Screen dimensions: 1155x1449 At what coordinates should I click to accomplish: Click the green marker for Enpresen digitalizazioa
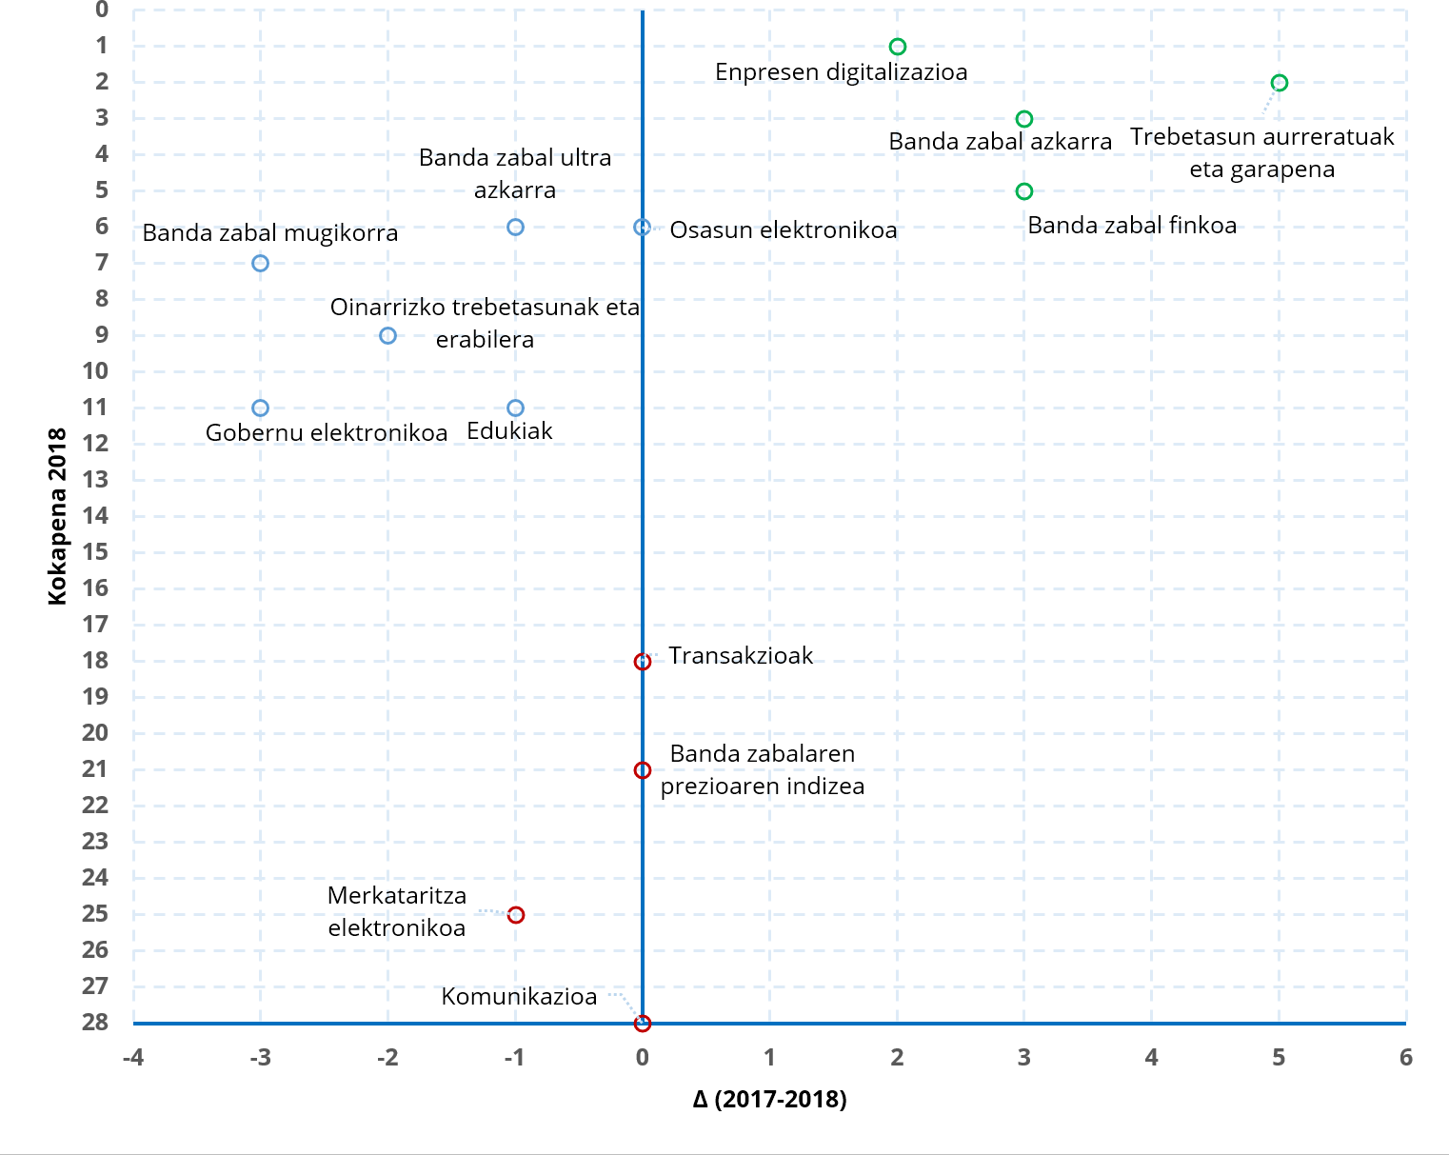coord(897,47)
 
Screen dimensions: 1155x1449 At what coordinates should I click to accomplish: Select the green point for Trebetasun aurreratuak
coord(1279,83)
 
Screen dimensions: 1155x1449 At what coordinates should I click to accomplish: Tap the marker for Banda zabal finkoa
coord(1023,191)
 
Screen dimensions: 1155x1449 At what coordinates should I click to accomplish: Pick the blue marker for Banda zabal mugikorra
coord(260,264)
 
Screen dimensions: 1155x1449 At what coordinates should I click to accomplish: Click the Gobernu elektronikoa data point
coord(260,408)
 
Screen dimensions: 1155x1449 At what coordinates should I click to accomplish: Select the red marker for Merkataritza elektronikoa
coord(515,915)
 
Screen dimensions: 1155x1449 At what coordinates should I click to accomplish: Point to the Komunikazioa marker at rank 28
coord(643,1023)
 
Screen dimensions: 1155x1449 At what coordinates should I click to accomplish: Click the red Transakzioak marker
coord(643,662)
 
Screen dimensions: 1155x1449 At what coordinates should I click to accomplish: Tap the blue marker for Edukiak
coord(515,408)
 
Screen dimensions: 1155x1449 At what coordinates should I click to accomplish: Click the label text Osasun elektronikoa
coord(783,230)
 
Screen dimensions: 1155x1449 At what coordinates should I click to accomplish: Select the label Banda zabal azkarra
coord(1000,142)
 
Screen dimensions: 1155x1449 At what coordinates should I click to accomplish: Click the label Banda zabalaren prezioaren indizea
coord(762,770)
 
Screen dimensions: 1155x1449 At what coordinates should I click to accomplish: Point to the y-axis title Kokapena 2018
coord(58,516)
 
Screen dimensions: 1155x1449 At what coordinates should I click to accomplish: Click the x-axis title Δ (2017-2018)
coord(769,1100)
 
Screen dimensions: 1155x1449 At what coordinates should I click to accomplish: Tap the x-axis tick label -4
coord(133,1058)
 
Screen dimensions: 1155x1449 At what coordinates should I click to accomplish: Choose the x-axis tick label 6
coord(1405,1058)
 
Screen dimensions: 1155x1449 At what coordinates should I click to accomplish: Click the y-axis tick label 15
coord(95,552)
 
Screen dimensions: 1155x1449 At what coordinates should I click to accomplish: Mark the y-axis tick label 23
coord(95,842)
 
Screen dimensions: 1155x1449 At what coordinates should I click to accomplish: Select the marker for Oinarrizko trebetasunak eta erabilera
coord(387,336)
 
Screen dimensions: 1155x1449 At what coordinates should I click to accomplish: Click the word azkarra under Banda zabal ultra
coord(515,190)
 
